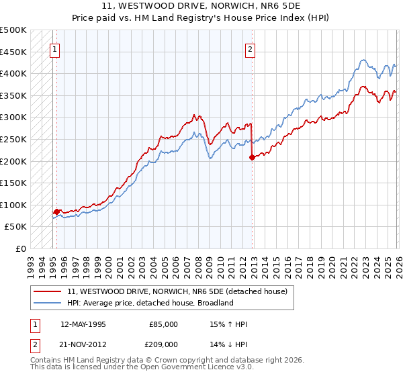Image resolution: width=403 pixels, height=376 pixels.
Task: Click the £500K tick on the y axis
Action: [13, 30]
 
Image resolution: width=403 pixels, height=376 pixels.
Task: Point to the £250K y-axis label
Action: [13, 139]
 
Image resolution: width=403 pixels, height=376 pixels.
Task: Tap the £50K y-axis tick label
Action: [16, 227]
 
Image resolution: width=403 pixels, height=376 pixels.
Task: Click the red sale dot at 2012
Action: [252, 158]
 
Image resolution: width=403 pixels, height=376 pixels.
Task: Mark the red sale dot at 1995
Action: [56, 211]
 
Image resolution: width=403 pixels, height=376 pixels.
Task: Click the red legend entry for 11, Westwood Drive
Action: [177, 291]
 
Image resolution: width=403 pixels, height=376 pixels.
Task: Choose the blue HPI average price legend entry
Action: [150, 303]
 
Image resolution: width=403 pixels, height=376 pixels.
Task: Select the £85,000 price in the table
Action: [163, 324]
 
